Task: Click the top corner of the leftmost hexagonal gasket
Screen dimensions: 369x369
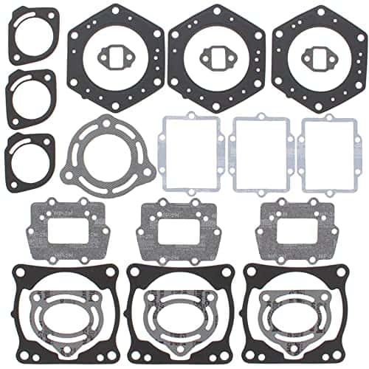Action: coord(115,6)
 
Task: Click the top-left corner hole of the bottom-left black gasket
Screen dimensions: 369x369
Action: coord(21,271)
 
